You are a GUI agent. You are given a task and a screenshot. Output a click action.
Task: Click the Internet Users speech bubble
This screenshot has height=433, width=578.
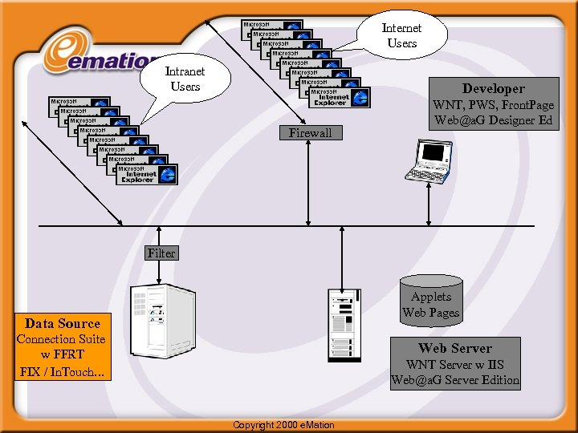(401, 35)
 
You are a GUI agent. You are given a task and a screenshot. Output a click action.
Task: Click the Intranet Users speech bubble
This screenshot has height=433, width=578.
(185, 79)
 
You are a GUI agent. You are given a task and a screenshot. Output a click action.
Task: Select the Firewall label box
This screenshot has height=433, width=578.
(310, 133)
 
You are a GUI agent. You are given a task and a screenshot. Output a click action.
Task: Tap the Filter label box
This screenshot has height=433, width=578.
(161, 253)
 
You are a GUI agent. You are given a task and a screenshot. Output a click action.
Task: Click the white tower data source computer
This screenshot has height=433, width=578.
(163, 321)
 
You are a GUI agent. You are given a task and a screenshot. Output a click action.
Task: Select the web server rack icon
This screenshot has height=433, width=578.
(340, 325)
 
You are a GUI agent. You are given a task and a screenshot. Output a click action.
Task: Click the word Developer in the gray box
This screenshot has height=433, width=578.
(493, 89)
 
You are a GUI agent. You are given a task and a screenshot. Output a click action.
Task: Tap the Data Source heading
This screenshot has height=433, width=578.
(63, 323)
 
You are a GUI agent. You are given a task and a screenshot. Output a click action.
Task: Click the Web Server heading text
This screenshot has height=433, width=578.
(455, 348)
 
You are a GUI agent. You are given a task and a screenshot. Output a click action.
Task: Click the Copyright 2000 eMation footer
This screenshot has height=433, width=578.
(283, 424)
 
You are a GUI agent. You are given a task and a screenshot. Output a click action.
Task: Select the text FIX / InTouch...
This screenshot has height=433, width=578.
(62, 371)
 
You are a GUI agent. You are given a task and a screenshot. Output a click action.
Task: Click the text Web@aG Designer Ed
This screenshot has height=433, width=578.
(493, 120)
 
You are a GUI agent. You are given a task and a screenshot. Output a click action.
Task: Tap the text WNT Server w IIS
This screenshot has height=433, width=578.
(455, 365)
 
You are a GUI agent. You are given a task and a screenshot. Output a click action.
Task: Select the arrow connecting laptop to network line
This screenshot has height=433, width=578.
(429, 205)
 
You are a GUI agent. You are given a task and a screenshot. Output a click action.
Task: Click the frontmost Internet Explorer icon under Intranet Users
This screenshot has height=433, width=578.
(146, 175)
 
